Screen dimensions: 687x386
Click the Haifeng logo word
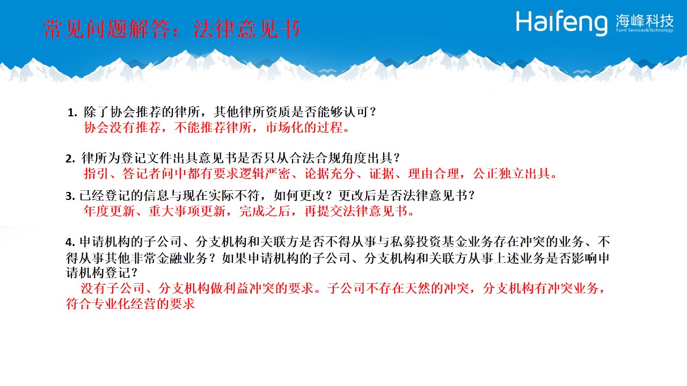pyautogui.click(x=561, y=23)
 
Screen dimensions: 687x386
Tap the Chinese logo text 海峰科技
pyautogui.click(x=645, y=20)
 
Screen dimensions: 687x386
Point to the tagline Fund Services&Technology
pyautogui.click(x=645, y=30)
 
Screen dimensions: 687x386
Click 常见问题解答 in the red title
pyautogui.click(x=107, y=29)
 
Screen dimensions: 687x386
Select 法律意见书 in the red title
pyautogui.click(x=246, y=29)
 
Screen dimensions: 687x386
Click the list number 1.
pyautogui.click(x=72, y=113)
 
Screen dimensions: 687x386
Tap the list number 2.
pyautogui.click(x=70, y=159)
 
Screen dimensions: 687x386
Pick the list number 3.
pyautogui.click(x=70, y=196)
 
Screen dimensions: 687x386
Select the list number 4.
pyautogui.click(x=70, y=242)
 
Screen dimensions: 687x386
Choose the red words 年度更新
pyautogui.click(x=109, y=211)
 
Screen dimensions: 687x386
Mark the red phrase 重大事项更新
pyautogui.click(x=187, y=211)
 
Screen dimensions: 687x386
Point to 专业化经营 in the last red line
pyautogui.click(x=124, y=304)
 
